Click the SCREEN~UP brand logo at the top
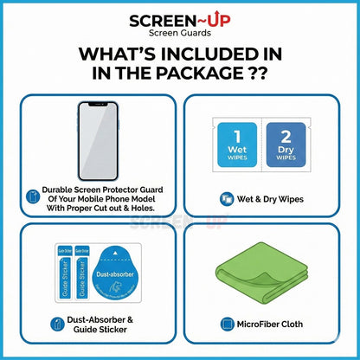click(179, 20)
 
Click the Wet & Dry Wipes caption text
click(274, 199)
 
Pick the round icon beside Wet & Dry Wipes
click(226, 199)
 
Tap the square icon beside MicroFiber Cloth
click(228, 325)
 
